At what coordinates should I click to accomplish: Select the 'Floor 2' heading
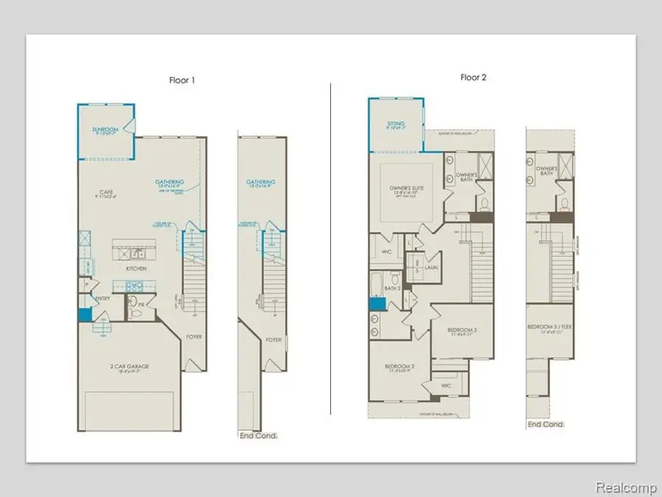point(474,77)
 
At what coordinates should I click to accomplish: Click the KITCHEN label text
point(136,269)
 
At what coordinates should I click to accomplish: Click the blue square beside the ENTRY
point(85,314)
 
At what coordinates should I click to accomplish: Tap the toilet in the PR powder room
point(132,312)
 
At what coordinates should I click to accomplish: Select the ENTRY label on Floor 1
point(102,298)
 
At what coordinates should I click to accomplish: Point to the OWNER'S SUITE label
point(404,188)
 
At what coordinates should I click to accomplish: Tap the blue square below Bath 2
point(377,304)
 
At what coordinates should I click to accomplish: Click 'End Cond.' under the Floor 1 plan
point(258,436)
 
